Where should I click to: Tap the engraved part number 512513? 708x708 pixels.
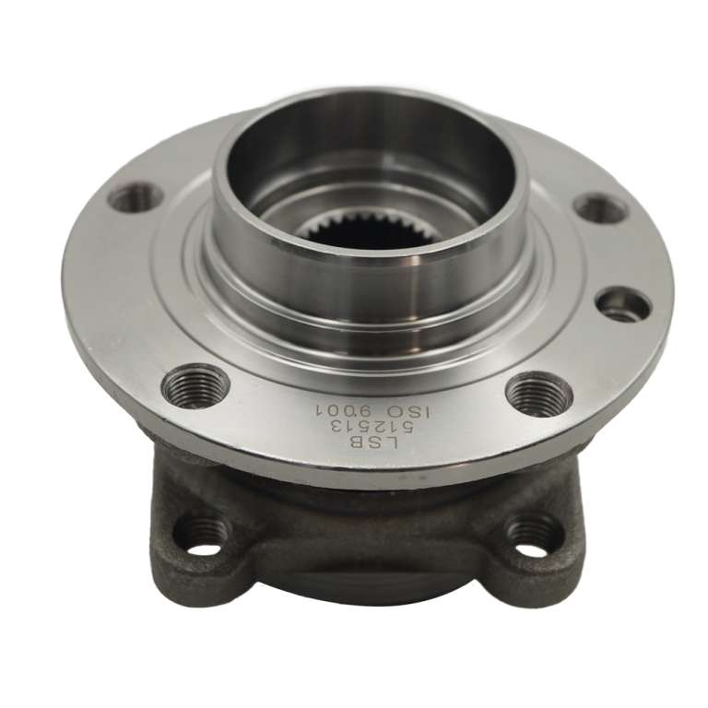point(373,425)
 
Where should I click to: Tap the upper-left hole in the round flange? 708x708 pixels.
point(137,195)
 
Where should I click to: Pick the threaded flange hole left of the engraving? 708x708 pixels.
point(196,387)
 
